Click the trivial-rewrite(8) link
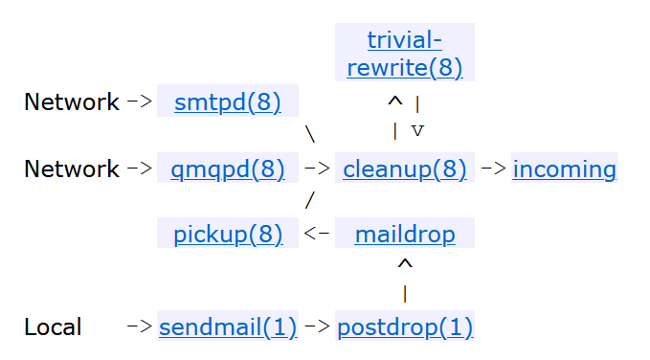(x=404, y=54)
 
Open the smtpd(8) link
(x=228, y=102)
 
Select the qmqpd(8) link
(x=228, y=169)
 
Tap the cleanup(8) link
(x=404, y=169)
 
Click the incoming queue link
(x=565, y=169)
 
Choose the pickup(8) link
(x=228, y=234)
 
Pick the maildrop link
(x=404, y=234)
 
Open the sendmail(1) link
(x=228, y=327)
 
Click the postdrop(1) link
(x=404, y=327)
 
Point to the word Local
(x=53, y=327)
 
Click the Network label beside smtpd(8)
(x=72, y=102)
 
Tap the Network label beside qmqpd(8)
(x=72, y=169)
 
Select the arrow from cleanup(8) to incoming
(x=492, y=169)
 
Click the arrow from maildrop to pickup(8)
(x=317, y=234)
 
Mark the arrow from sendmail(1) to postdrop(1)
(x=317, y=327)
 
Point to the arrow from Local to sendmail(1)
(x=140, y=327)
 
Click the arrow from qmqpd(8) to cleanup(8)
(x=317, y=169)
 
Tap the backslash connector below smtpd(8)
(x=309, y=135)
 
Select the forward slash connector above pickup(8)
(x=309, y=201)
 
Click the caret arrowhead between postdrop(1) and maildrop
(x=405, y=264)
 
